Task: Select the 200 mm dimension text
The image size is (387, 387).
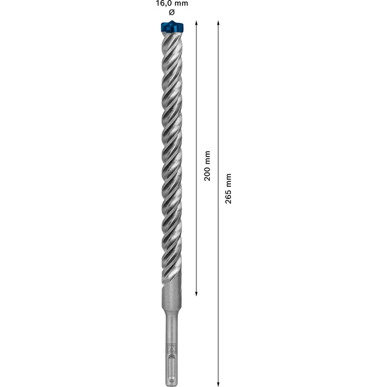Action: coord(208,166)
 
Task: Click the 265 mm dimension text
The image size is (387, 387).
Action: coord(228,189)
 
